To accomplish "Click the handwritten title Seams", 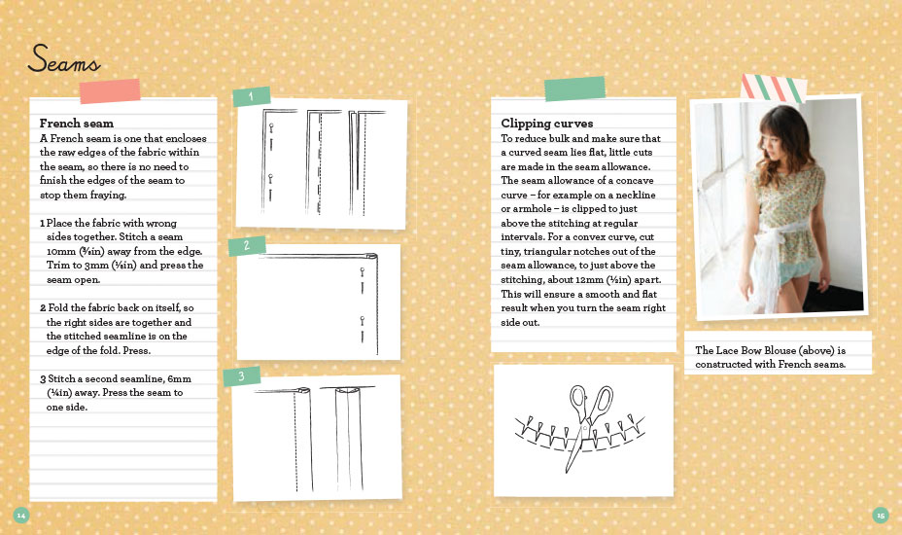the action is pos(64,58).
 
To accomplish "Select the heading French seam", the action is pos(77,124).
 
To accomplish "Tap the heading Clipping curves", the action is pos(546,124).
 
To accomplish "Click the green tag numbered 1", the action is pos(252,96).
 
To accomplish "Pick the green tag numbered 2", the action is pos(247,246).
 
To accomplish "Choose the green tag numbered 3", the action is pos(242,376).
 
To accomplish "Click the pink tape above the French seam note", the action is pos(110,91).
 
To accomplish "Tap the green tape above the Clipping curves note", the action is pos(574,89).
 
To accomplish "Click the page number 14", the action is pos(21,515).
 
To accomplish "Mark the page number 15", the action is pos(881,515).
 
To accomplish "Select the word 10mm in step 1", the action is pos(61,252).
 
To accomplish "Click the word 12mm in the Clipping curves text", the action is pos(588,280).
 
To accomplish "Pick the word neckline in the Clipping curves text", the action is pos(636,196).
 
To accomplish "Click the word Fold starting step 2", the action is pos(58,308).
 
